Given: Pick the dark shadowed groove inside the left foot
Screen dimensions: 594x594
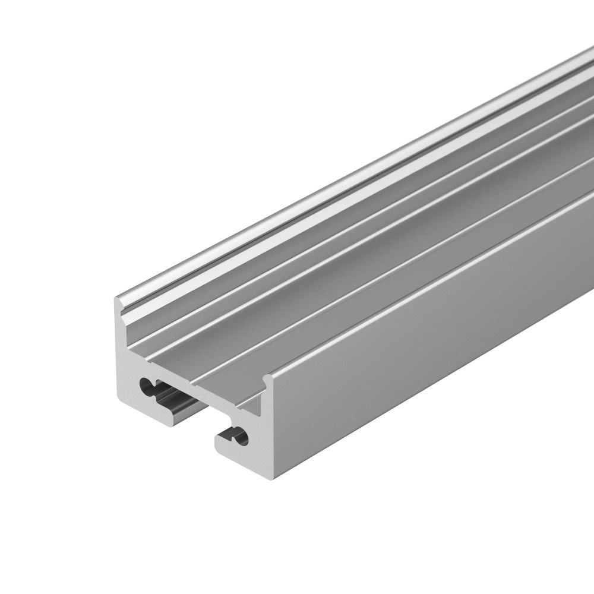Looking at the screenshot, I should [178, 404].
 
